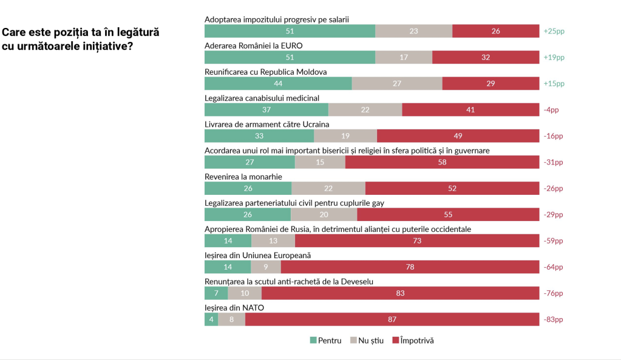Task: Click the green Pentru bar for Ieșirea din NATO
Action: click(211, 319)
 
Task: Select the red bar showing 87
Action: click(392, 319)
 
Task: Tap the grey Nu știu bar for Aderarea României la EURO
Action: click(404, 57)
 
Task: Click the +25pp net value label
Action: click(554, 31)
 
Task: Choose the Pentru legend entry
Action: click(326, 341)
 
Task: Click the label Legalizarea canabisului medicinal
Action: click(262, 98)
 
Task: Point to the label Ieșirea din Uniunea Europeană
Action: click(257, 255)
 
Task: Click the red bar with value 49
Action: click(458, 136)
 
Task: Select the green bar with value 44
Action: click(278, 84)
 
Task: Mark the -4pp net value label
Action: click(551, 110)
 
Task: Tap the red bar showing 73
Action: click(417, 241)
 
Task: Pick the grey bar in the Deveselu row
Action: click(245, 293)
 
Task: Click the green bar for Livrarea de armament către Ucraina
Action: click(259, 136)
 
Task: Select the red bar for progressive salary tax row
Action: click(496, 31)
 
